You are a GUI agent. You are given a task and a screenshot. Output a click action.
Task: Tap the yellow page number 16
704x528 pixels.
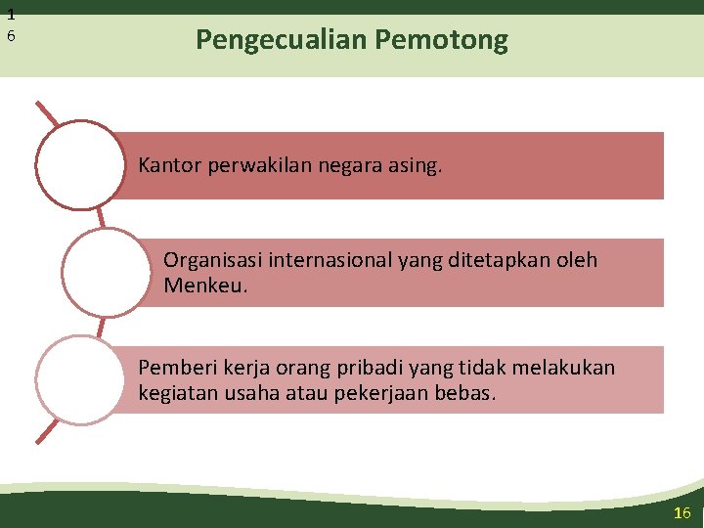click(682, 513)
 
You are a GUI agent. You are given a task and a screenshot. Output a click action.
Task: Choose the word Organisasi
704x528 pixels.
click(212, 260)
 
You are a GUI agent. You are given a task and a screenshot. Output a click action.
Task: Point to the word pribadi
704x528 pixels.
click(365, 368)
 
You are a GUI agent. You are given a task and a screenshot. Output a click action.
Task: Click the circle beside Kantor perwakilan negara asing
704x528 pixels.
click(80, 164)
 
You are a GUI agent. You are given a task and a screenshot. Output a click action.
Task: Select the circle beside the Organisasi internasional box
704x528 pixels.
click(106, 273)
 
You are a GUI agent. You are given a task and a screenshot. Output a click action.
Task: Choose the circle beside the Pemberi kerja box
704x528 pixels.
click(80, 380)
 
